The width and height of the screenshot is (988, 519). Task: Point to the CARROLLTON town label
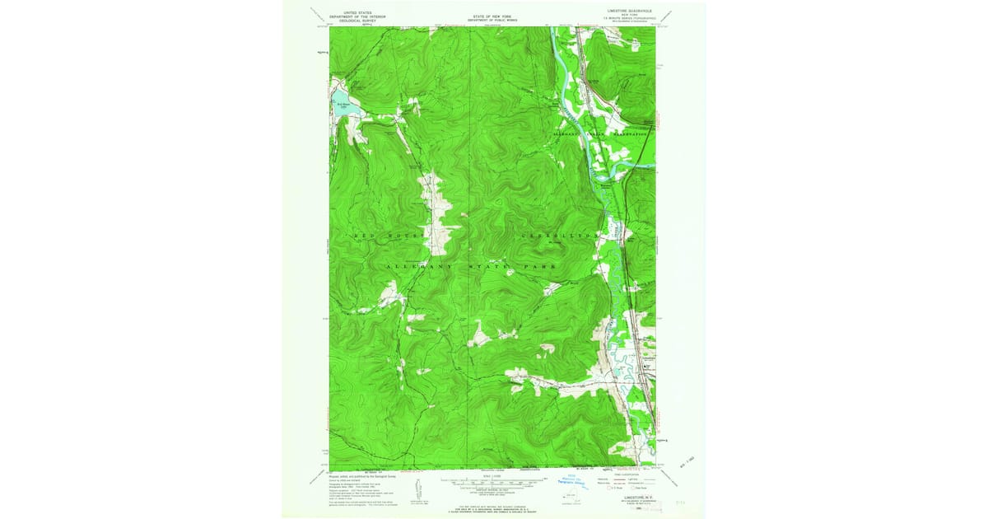point(559,236)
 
